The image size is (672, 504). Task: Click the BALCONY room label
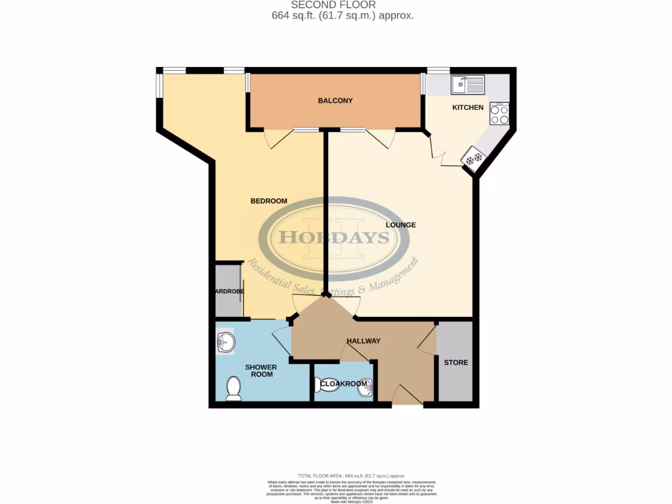(x=335, y=100)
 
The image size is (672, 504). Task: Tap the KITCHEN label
(x=468, y=108)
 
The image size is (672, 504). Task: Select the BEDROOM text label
(x=269, y=201)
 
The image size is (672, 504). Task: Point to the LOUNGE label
(x=400, y=225)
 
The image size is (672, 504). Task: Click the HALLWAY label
(x=364, y=341)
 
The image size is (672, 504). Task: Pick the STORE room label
(x=456, y=362)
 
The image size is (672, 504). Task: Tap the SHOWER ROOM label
(x=261, y=371)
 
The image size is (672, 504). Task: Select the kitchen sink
(x=467, y=84)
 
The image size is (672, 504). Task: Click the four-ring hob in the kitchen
(x=499, y=115)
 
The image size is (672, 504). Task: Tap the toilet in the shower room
(x=233, y=388)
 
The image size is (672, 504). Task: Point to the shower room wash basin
(x=224, y=341)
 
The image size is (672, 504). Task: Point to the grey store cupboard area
(x=455, y=381)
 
